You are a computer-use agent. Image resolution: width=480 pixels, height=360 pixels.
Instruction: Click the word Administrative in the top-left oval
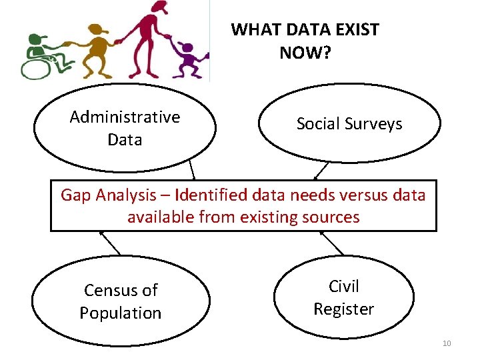click(125, 117)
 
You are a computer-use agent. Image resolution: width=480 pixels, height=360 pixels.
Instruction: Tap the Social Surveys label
click(349, 123)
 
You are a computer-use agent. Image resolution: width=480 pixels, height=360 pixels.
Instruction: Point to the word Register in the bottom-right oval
click(343, 309)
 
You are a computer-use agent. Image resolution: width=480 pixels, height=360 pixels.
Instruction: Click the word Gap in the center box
click(75, 195)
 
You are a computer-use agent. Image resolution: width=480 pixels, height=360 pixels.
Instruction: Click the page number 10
click(446, 343)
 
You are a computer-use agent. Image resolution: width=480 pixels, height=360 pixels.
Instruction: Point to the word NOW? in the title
click(305, 53)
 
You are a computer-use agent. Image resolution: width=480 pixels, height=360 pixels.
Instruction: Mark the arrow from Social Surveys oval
click(321, 171)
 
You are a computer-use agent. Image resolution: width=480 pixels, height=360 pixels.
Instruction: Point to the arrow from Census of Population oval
click(111, 243)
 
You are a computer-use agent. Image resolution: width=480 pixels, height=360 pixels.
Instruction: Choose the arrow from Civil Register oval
click(331, 243)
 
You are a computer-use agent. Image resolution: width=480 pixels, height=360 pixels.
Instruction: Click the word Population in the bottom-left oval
click(121, 313)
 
